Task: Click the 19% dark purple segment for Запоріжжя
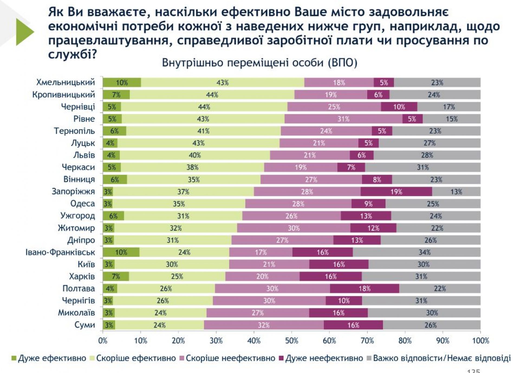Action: (396, 192)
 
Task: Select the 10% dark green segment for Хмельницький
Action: (122, 83)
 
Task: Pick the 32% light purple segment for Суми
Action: (264, 325)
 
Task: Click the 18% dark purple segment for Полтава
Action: (365, 288)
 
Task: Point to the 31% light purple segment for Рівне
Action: (343, 119)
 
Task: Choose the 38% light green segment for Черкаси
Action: (192, 167)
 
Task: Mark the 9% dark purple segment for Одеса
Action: (368, 204)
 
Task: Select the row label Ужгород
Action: (77, 216)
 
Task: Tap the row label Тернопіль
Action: (74, 131)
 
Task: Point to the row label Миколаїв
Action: (76, 313)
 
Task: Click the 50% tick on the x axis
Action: (292, 340)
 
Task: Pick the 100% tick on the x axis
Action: (480, 340)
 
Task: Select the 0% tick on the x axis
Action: (103, 340)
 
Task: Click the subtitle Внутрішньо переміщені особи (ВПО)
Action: (259, 63)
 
